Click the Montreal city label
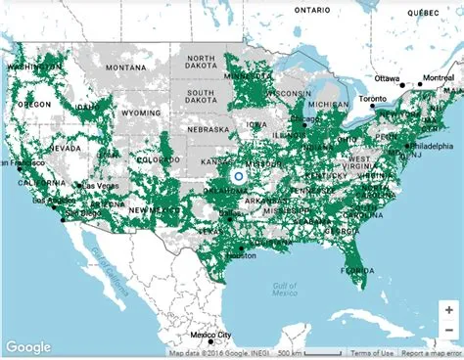435,77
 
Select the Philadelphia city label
431,146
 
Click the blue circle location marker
238,177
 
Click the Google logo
27,346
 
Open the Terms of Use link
372,353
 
